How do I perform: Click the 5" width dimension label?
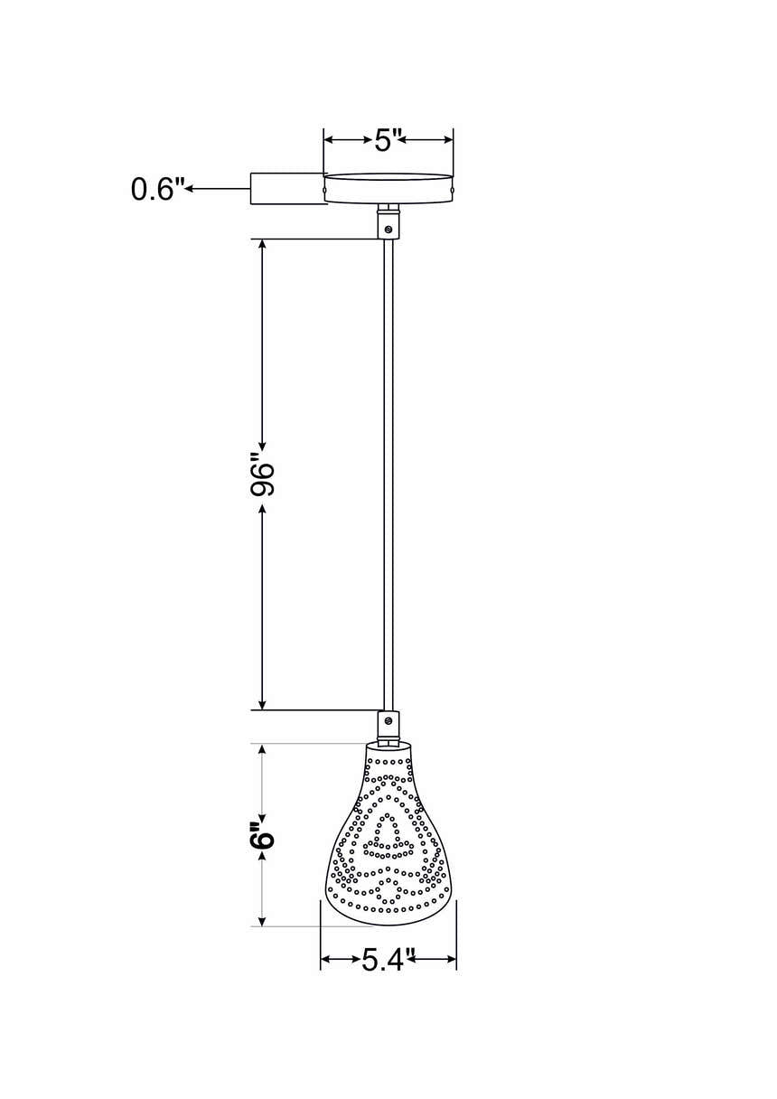tap(388, 140)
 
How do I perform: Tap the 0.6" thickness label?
tap(157, 189)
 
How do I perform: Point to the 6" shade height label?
tap(262, 838)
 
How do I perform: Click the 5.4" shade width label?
tap(388, 959)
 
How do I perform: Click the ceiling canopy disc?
tap(388, 188)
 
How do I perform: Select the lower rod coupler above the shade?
tap(388, 724)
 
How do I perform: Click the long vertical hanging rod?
tap(388, 470)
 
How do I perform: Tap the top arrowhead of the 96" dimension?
tap(262, 246)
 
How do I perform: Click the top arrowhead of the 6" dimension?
tap(262, 750)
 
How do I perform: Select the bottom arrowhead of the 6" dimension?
tap(262, 919)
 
